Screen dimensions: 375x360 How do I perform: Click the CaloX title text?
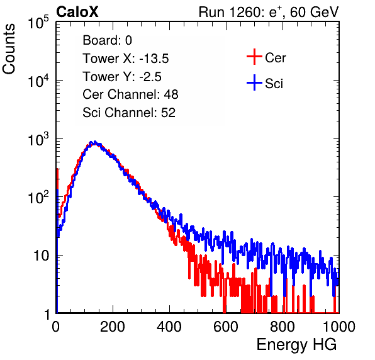pyautogui.click(x=77, y=12)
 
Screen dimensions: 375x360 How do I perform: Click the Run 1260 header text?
pyautogui.click(x=269, y=12)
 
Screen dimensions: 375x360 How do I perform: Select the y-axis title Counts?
pyautogui.click(x=9, y=49)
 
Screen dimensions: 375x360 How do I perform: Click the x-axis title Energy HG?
pyautogui.click(x=296, y=345)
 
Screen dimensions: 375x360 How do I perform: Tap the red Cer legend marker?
pyautogui.click(x=254, y=57)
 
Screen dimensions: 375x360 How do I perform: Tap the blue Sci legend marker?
pyautogui.click(x=254, y=82)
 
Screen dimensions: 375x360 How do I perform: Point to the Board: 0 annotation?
pyautogui.click(x=107, y=40)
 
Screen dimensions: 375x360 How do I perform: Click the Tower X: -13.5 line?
pyautogui.click(x=126, y=59)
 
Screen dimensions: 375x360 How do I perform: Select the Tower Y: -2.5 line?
pyautogui.click(x=122, y=77)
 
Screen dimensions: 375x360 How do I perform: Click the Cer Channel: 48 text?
pyautogui.click(x=130, y=94)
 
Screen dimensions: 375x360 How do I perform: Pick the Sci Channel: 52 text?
pyautogui.click(x=129, y=112)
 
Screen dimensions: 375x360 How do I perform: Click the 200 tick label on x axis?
pyautogui.click(x=113, y=327)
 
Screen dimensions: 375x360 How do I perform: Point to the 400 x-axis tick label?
pyautogui.click(x=169, y=327)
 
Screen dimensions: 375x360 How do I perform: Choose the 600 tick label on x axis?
pyautogui.click(x=226, y=327)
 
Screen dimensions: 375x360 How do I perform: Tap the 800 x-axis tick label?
pyautogui.click(x=283, y=327)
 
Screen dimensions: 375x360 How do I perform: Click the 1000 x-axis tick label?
pyautogui.click(x=339, y=327)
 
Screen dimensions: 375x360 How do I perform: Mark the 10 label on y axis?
pyautogui.click(x=41, y=256)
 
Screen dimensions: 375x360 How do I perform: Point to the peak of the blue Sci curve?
pyautogui.click(x=95, y=142)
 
